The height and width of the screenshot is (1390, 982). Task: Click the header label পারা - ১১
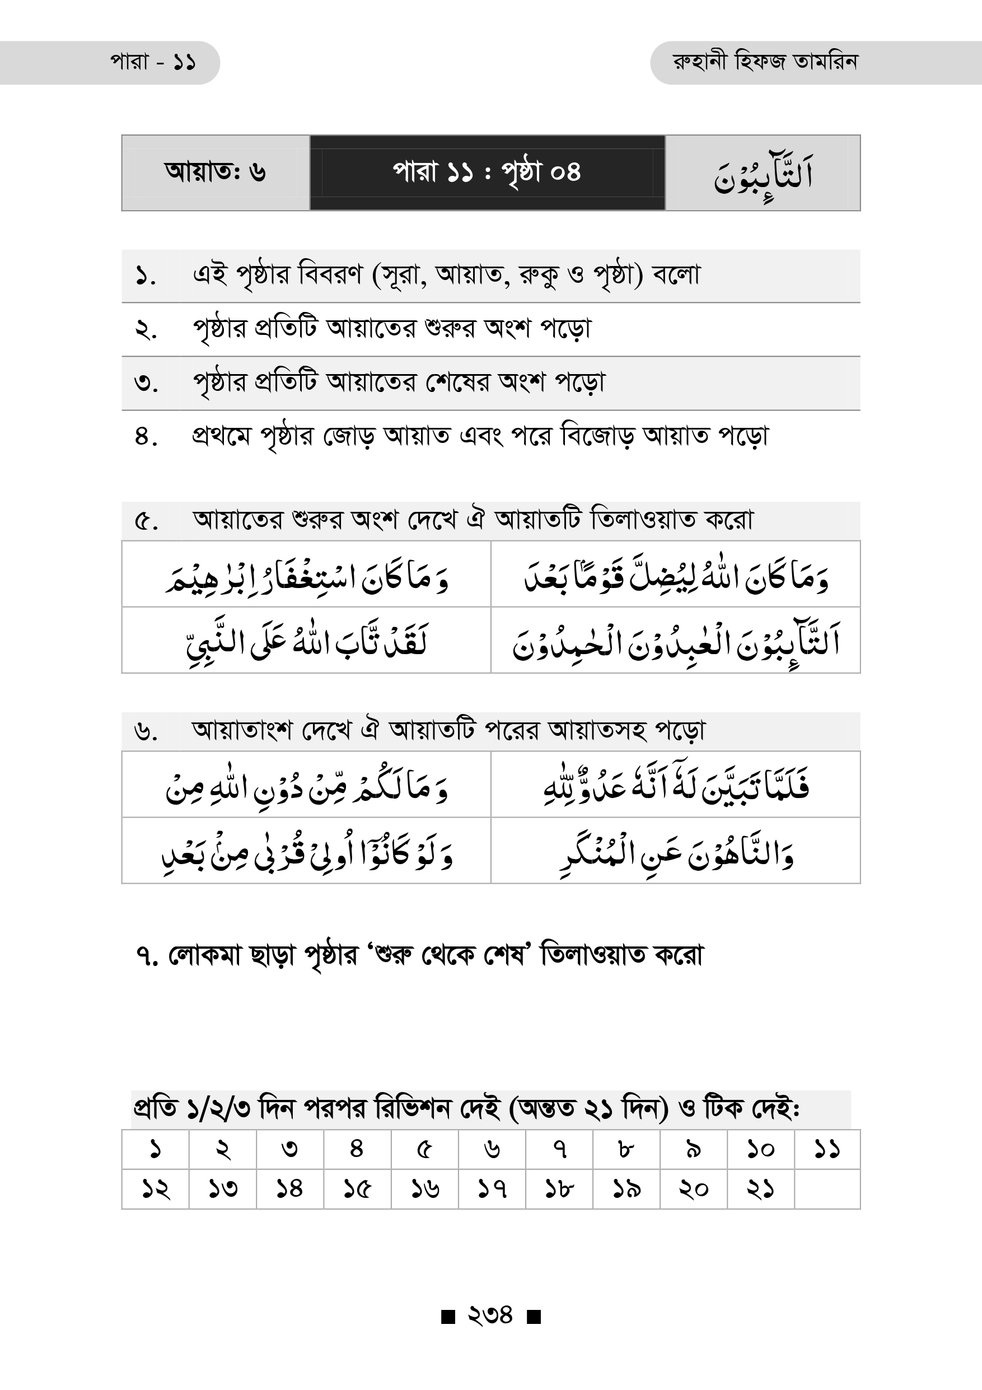pyautogui.click(x=152, y=62)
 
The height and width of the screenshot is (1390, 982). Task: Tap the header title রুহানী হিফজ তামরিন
pyautogui.click(x=765, y=62)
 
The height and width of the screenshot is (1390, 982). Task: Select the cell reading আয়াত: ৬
pyautogui.click(x=216, y=172)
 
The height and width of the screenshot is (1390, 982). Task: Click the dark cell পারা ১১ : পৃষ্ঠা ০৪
pyautogui.click(x=487, y=172)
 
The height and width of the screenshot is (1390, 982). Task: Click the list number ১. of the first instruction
pyautogui.click(x=146, y=277)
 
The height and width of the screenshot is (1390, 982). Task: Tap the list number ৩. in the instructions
pyautogui.click(x=146, y=383)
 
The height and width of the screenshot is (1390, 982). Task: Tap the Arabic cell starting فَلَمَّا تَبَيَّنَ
pyautogui.click(x=675, y=785)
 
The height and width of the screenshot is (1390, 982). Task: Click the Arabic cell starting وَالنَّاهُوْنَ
pyautogui.click(x=675, y=851)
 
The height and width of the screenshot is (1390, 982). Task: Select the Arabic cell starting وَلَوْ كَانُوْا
pyautogui.click(x=306, y=851)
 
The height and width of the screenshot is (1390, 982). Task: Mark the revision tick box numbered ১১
pyautogui.click(x=826, y=1149)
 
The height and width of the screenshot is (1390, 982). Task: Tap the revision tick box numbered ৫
pyautogui.click(x=424, y=1149)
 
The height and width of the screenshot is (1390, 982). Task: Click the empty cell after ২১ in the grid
pyautogui.click(x=826, y=1189)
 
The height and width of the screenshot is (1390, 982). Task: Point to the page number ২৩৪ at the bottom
pyautogui.click(x=490, y=1314)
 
